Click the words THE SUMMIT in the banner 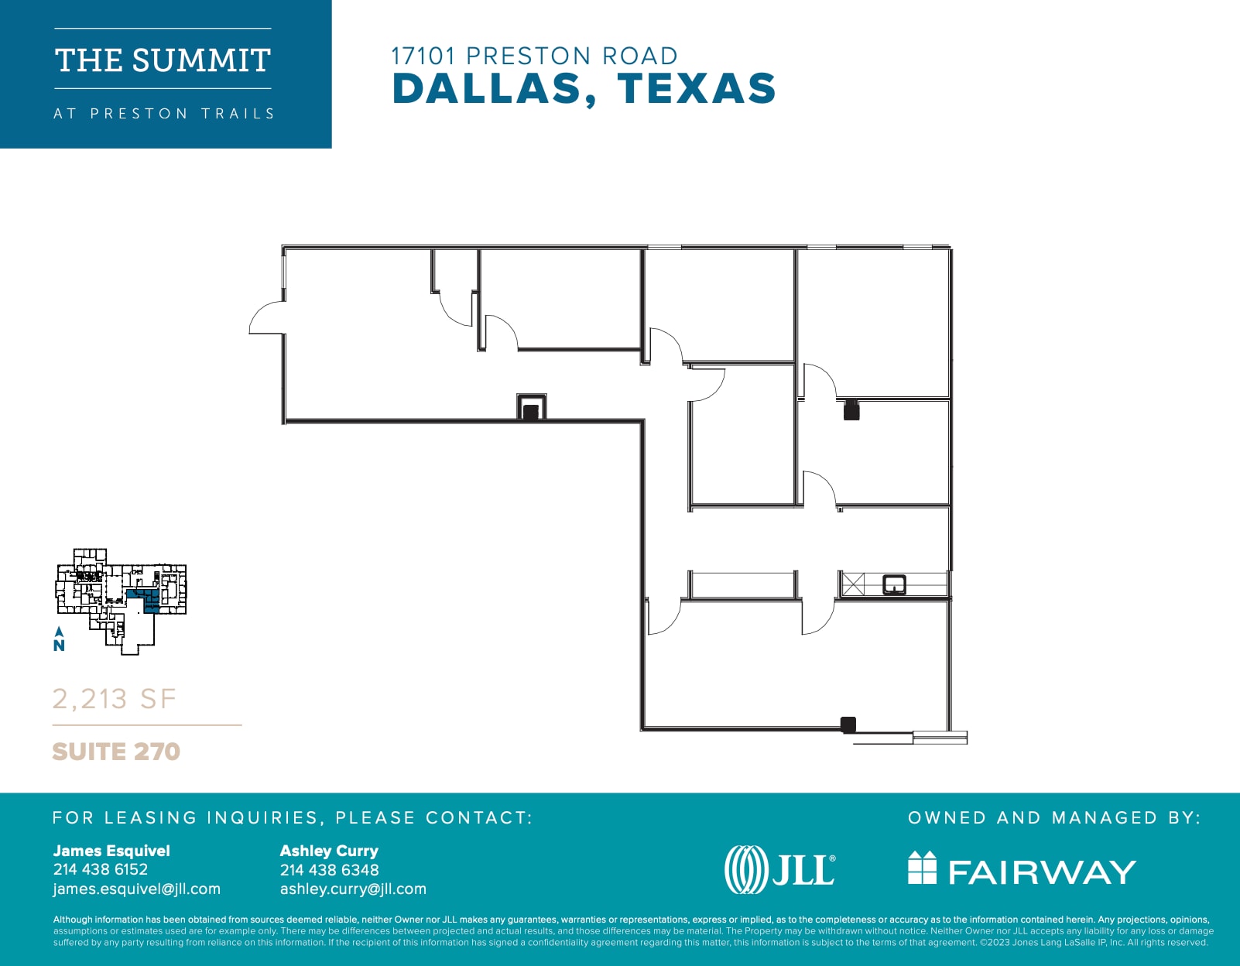pos(163,60)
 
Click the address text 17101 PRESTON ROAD pos(534,56)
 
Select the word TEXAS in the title pos(697,88)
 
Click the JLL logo pos(780,869)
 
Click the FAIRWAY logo pos(1022,869)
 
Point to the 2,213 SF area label pos(115,699)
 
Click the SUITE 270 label pos(116,752)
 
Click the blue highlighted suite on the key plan pos(148,600)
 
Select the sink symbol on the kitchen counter pos(895,584)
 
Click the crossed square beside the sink pos(853,584)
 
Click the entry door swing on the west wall pos(265,319)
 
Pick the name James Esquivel pos(111,851)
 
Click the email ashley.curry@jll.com pos(353,889)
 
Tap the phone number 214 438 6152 pos(101,869)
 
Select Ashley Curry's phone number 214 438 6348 pos(329,870)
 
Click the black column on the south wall pos(848,724)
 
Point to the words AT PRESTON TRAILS pos(164,114)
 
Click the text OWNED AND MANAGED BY pos(1053,817)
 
